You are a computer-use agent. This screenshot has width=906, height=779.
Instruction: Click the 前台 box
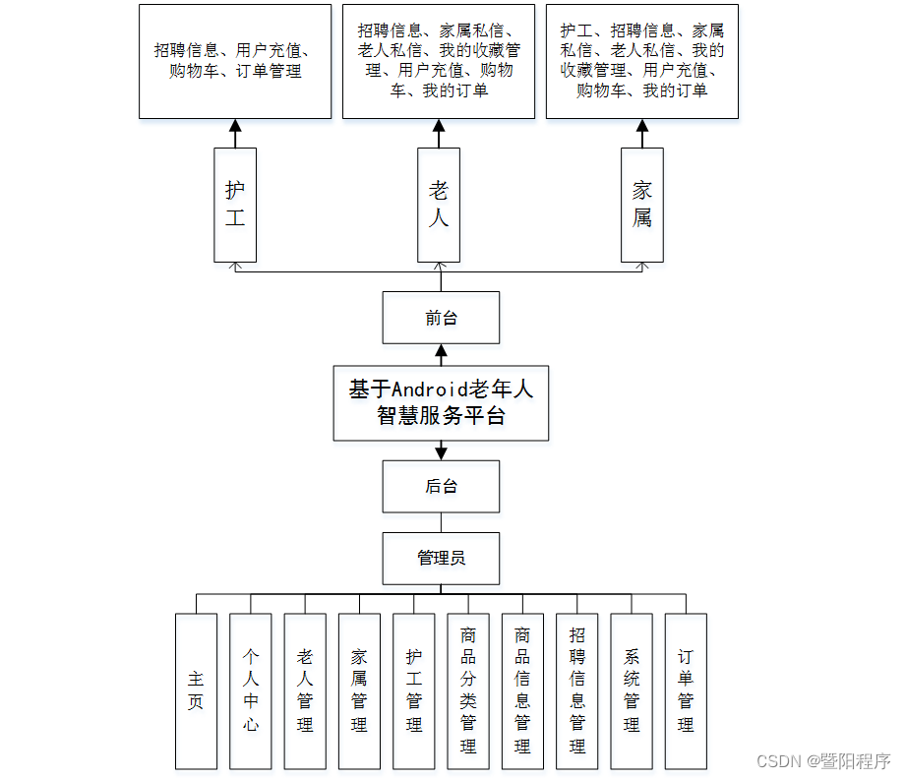tap(441, 318)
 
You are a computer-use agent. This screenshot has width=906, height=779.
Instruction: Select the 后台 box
tap(441, 486)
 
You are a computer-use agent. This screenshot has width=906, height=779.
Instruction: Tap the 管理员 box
tap(441, 558)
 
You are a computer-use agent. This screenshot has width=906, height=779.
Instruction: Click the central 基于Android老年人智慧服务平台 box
tap(441, 402)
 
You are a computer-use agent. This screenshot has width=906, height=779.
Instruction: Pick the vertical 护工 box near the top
tap(235, 205)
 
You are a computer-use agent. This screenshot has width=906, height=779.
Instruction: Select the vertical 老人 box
tap(439, 205)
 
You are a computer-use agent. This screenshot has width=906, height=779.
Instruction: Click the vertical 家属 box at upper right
tap(642, 205)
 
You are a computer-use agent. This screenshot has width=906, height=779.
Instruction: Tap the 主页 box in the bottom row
tap(196, 690)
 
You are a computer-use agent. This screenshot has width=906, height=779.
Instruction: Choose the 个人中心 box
tap(251, 690)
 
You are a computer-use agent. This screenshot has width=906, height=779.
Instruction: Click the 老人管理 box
tap(305, 690)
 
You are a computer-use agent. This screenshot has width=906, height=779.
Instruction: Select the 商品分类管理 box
tap(468, 690)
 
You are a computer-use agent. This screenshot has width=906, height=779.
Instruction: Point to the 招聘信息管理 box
tap(577, 690)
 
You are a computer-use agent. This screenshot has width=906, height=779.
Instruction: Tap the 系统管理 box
tap(632, 690)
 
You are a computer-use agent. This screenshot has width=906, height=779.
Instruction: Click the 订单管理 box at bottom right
tap(686, 690)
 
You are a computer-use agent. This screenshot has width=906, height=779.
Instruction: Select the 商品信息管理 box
tap(522, 690)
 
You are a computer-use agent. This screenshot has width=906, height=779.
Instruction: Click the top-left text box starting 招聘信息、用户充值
tap(235, 61)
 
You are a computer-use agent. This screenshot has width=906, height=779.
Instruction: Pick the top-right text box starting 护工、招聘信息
tap(642, 61)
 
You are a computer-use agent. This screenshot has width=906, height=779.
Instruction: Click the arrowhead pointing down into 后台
tap(441, 453)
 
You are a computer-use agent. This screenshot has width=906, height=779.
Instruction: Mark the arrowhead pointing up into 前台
tap(441, 350)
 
